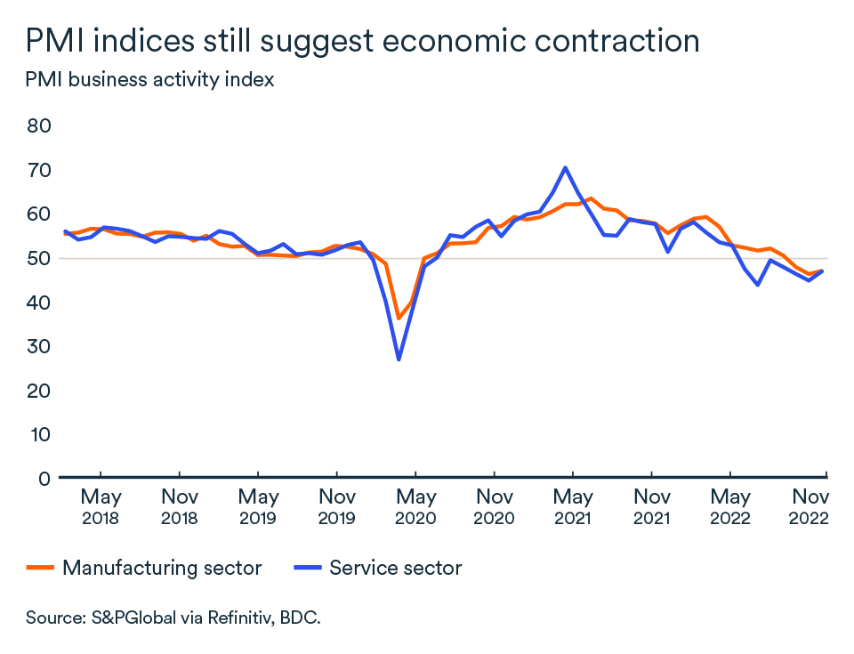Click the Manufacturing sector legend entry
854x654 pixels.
click(x=145, y=568)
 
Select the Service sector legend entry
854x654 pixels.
click(x=377, y=568)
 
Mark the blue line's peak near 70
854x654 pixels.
click(x=565, y=167)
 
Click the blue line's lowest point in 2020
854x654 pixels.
click(x=399, y=359)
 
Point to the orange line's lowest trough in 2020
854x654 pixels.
click(x=399, y=319)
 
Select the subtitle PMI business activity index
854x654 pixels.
click(x=149, y=79)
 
